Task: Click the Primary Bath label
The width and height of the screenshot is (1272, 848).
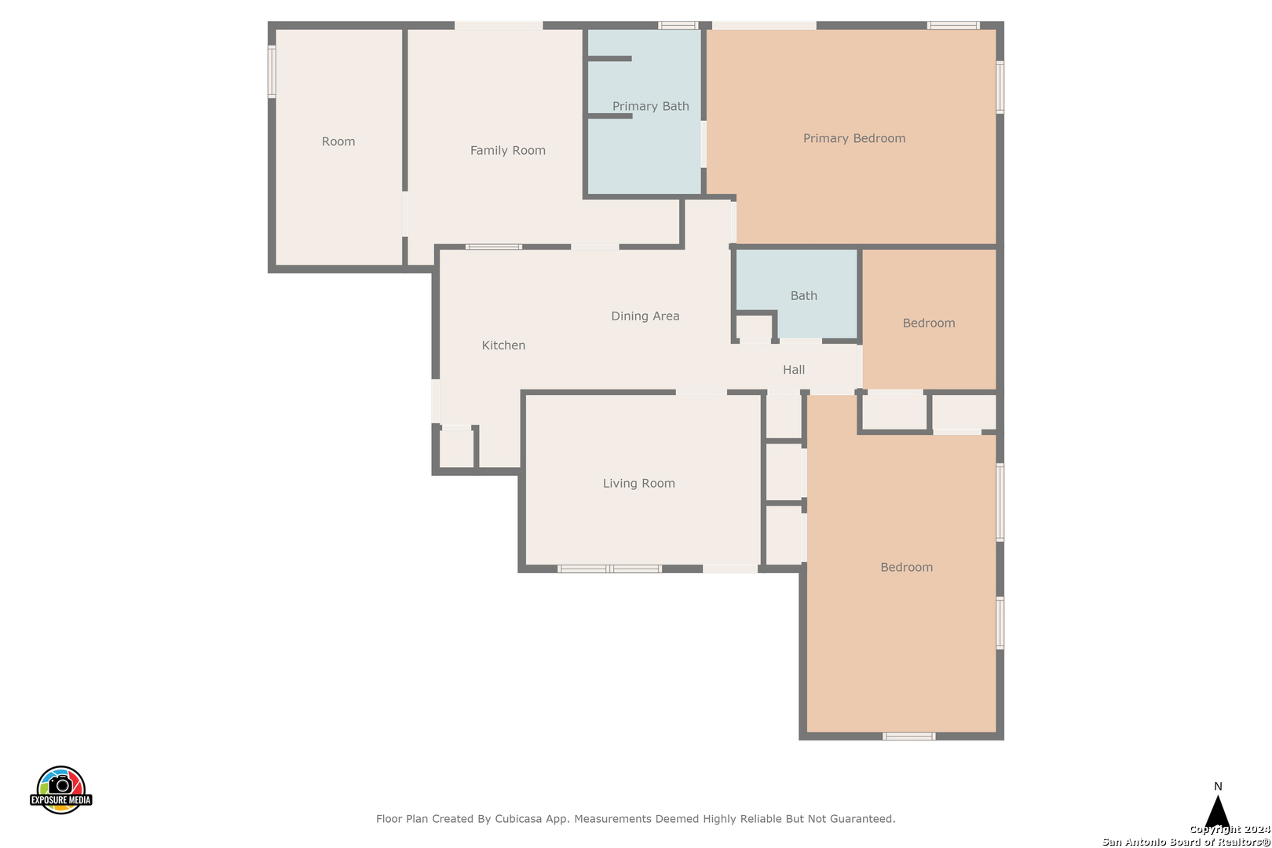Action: (650, 106)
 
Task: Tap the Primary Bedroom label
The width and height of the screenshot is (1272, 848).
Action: (854, 138)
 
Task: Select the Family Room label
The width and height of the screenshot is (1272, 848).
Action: (508, 151)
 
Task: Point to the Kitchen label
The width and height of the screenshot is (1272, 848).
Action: (503, 345)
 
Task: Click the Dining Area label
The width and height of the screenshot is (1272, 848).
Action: (645, 316)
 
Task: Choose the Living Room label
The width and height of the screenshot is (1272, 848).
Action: (639, 484)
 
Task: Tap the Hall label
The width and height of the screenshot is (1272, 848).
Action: (794, 370)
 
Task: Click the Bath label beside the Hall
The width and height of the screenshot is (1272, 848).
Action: (803, 295)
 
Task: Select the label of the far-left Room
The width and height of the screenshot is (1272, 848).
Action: (338, 141)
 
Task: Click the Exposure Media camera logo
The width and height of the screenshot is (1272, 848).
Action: (60, 790)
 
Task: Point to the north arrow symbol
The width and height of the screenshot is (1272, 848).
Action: (1218, 812)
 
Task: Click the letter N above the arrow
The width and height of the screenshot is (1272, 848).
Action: (1218, 786)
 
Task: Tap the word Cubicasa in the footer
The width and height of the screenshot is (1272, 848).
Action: (518, 818)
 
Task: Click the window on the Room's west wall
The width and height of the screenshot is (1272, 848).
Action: (272, 71)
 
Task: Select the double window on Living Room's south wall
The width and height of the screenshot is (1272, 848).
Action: (609, 568)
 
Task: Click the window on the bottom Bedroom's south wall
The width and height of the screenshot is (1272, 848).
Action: (908, 736)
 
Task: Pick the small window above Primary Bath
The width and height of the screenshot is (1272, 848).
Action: (678, 25)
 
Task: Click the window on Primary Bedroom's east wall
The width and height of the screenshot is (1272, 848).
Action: (1000, 87)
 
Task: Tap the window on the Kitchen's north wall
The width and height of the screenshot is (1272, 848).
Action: (493, 247)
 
